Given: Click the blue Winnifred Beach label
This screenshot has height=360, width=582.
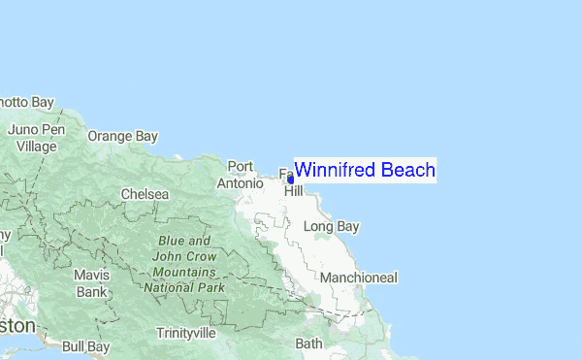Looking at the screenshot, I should coord(365,170).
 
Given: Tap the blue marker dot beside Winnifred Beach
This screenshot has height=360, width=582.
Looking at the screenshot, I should coord(290,179).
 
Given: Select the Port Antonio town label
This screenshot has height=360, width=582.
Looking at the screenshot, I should coord(241,175).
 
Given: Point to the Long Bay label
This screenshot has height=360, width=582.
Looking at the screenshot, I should coord(332,227).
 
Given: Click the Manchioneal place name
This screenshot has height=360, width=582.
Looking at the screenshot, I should coord(358,278).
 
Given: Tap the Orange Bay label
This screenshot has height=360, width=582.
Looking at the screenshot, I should coord(122,136).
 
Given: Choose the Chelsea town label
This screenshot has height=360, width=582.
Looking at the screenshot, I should coord(145,194).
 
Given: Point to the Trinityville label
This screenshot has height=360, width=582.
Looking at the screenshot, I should coord(186,333).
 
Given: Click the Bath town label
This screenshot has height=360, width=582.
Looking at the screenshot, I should coord(308,344).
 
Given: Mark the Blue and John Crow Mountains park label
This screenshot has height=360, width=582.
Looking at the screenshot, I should coord(184,264).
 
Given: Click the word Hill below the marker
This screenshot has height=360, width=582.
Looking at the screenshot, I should coord(293,191).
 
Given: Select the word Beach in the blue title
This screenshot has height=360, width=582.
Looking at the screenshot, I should coord(407,170).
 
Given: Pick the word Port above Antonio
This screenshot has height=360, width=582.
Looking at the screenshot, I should coord(240,167).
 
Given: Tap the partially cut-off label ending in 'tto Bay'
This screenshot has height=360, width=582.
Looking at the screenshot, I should coord(26,102).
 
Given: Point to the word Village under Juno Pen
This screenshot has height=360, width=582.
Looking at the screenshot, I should coord(37,146).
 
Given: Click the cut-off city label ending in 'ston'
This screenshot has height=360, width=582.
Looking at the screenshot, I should coord(17,325).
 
